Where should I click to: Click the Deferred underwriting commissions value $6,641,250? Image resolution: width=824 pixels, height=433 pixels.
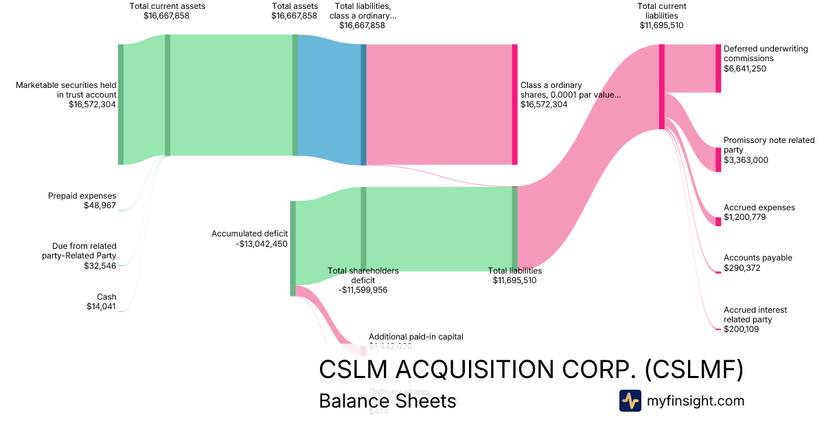[x=745, y=69]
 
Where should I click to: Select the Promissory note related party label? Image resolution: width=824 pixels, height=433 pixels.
[x=768, y=145]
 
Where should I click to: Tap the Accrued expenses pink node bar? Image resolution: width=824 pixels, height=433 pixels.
[x=718, y=221]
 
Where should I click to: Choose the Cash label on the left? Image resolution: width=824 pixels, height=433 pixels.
[x=106, y=297]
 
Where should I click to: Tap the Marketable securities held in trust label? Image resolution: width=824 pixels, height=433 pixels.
[x=67, y=90]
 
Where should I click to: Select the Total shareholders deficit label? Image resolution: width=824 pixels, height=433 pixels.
[x=363, y=276]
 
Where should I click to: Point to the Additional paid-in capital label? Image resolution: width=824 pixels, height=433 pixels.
[x=416, y=337]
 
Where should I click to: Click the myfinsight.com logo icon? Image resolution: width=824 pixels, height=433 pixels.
[x=630, y=401]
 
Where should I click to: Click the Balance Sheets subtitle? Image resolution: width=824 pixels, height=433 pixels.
[x=387, y=401]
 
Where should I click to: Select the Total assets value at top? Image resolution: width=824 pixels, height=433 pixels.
[x=294, y=16]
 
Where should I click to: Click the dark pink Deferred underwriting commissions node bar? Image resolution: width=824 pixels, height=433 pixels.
[x=718, y=68]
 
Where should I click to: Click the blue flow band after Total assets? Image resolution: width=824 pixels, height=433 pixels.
[x=329, y=100]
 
